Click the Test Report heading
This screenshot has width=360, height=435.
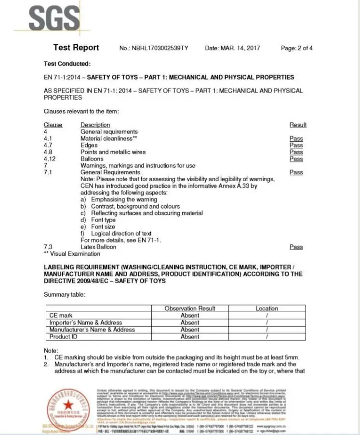coord(76,47)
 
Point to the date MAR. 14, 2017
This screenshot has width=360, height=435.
coord(240,48)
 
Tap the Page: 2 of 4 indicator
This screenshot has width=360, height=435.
coord(296,48)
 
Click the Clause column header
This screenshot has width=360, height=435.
coord(53,125)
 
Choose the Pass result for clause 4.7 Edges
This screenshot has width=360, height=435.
coord(296,145)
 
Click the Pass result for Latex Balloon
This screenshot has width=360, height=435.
coord(296,247)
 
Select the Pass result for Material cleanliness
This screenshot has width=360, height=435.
coord(296,138)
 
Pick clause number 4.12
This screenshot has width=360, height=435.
coord(50,158)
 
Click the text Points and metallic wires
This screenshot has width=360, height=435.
coord(113,152)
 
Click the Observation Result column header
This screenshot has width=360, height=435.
coord(190,308)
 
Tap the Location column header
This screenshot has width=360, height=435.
coord(267,308)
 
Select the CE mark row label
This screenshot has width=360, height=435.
coord(61,316)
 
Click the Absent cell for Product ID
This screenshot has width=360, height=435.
coord(190,337)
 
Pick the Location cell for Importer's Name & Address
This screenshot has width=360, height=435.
coord(267,322)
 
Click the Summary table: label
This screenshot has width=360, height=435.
coord(65,294)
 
